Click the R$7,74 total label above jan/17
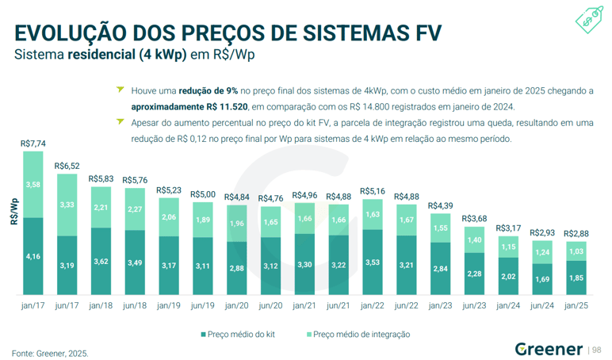coord(33,144)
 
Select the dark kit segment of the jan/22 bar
coord(372,262)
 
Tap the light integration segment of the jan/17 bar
coord(33,184)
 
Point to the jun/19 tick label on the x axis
coord(202,305)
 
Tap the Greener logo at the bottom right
coord(549,349)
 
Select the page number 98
coord(597,350)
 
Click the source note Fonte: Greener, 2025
coord(49,352)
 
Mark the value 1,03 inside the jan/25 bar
coord(576,251)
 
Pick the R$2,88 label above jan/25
coord(576,234)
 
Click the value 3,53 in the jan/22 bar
coord(372,262)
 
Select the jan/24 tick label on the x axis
coord(507,305)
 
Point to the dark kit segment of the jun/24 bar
coord(541,279)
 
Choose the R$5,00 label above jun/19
coord(202,194)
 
